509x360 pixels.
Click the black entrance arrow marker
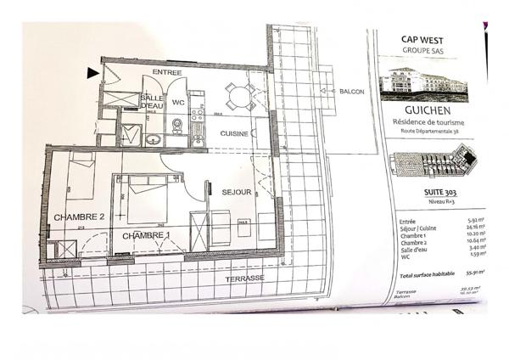91,74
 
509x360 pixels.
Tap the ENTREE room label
169,70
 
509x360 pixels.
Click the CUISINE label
233,134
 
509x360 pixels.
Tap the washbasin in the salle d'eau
152,137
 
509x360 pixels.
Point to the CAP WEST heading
425,38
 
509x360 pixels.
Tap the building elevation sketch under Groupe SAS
425,82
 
